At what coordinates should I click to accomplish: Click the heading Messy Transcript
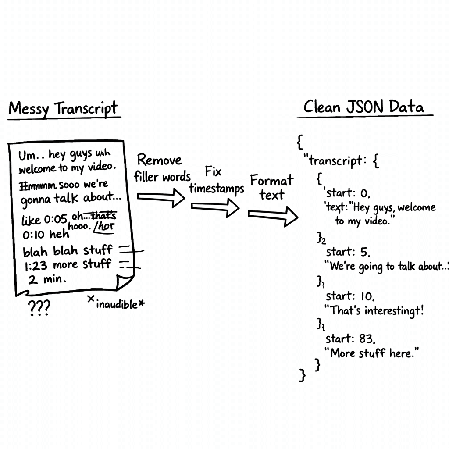pos(63,108)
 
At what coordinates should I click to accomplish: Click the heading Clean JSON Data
pos(363,107)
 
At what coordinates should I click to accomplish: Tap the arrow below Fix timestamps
pos(215,207)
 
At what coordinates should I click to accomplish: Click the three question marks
pos(39,308)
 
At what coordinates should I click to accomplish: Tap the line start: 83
pos(351,339)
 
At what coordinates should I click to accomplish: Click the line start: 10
pos(350,296)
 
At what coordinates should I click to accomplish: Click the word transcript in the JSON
pos(336,161)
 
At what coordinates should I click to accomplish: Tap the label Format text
pos(272,187)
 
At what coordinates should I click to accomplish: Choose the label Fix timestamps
pos(217,181)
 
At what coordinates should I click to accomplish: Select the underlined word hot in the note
pos(107,227)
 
